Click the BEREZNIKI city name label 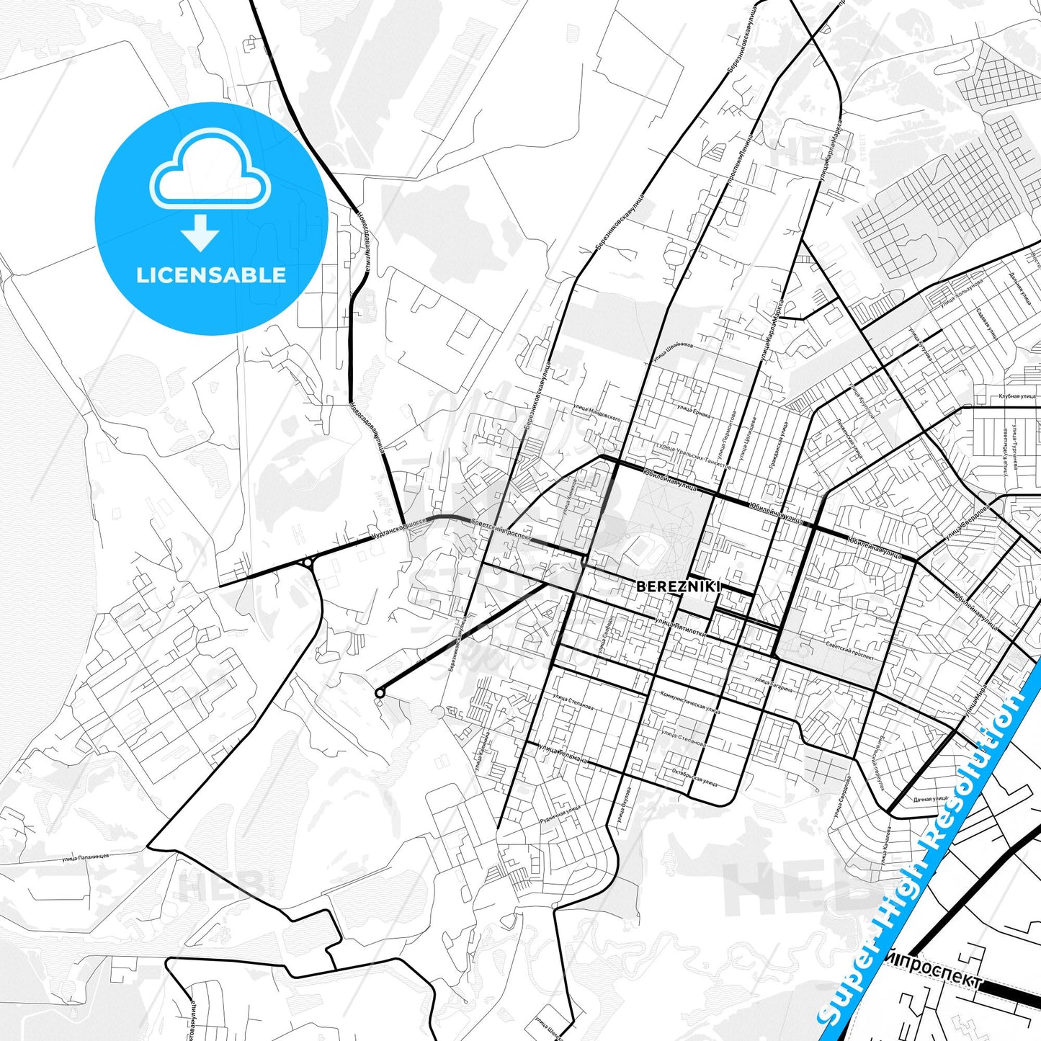[x=678, y=586]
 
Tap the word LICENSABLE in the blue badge [x=211, y=275]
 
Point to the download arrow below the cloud [x=200, y=232]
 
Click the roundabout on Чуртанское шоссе [x=308, y=562]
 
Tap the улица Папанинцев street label [x=86, y=857]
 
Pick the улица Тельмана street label [x=563, y=754]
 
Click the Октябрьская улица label [x=694, y=779]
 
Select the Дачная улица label [x=931, y=798]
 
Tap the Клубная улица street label [x=1017, y=396]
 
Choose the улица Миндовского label [x=597, y=412]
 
